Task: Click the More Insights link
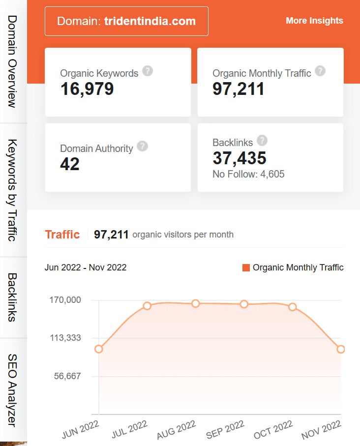[314, 21]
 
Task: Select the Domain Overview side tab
[13, 61]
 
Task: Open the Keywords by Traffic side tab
[13, 190]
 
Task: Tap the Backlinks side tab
[13, 297]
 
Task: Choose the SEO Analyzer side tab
[13, 390]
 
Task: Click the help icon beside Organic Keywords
[147, 71]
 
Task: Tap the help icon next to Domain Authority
[142, 147]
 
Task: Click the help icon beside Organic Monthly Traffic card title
[320, 71]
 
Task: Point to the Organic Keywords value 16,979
[87, 89]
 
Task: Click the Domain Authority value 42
[70, 164]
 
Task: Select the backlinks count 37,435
[240, 158]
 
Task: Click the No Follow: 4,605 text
[248, 174]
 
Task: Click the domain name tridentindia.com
[150, 21]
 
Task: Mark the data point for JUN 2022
[99, 349]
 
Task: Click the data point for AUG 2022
[196, 303]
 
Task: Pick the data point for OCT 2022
[293, 307]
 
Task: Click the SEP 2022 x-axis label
[225, 430]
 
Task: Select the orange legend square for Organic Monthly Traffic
[246, 268]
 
